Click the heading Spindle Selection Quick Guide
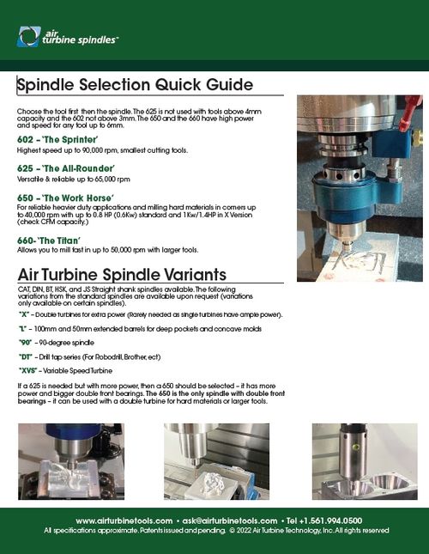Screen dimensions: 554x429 pos(135,85)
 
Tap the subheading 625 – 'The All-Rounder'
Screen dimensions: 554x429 pos(65,168)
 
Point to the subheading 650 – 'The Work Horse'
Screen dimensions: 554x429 pos(66,198)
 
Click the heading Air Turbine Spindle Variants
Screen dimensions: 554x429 pos(121,275)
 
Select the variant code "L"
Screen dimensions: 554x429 pos(23,330)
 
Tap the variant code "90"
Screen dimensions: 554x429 pos(26,344)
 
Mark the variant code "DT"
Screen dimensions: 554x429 pos(27,357)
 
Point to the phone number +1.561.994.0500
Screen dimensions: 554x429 pos(330,521)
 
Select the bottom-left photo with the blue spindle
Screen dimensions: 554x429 pos(70,461)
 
